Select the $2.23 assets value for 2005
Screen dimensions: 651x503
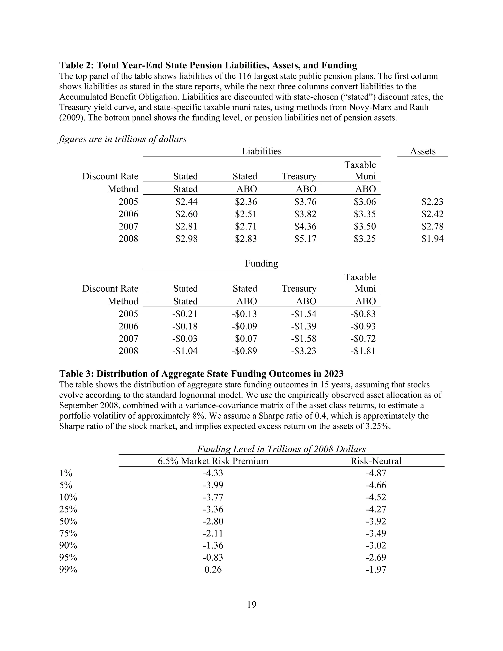(x=432, y=202)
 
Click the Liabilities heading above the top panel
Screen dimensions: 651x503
(x=261, y=151)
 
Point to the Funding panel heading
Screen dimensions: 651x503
(x=261, y=264)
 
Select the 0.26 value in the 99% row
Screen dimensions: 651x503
(x=213, y=569)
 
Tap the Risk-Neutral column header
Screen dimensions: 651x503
(x=376, y=461)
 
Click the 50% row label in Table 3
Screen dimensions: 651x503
(x=68, y=521)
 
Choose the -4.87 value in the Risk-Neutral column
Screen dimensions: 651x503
(x=376, y=473)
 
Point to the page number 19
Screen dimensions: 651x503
(x=251, y=605)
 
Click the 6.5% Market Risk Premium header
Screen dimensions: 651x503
(x=213, y=461)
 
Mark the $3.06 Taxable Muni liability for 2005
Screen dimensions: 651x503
(x=365, y=202)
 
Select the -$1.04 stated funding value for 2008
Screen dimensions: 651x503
(x=185, y=351)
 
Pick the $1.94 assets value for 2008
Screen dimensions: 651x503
(x=432, y=239)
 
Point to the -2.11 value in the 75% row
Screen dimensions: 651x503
(x=213, y=533)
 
